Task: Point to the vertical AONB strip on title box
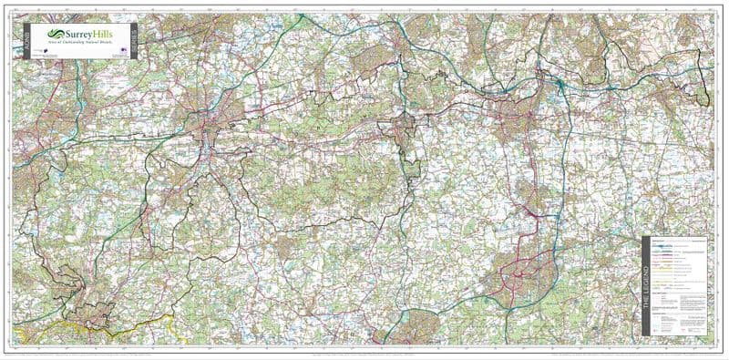tap(27, 42)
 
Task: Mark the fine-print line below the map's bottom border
tap(364, 354)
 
